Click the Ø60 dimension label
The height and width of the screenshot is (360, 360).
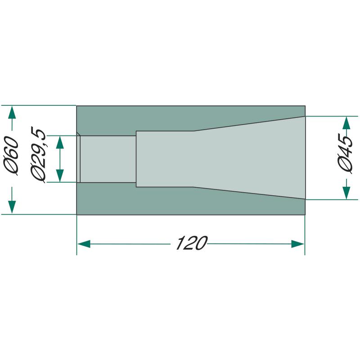11,156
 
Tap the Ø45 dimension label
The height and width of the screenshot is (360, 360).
345,154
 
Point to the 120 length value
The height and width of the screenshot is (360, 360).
192,243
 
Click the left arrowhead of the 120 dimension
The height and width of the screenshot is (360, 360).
84,244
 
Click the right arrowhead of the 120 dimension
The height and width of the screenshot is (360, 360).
298,244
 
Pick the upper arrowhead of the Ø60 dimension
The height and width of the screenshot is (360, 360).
12,112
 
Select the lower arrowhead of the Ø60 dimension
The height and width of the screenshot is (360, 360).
12,207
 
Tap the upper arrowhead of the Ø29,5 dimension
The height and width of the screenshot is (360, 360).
60,143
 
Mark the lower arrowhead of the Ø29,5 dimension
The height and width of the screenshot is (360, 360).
60,175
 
